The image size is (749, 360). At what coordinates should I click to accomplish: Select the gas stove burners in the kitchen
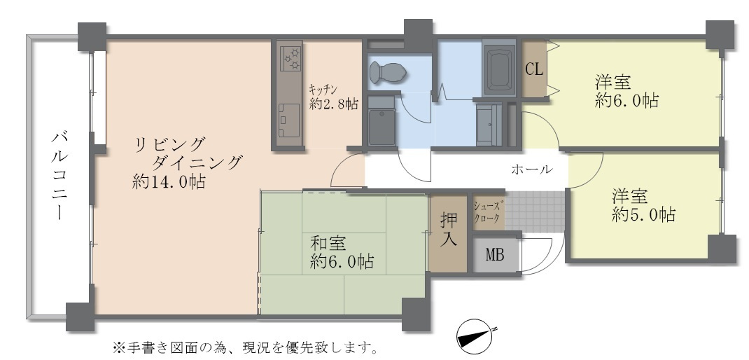[290, 57]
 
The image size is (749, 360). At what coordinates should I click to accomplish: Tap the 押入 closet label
[448, 230]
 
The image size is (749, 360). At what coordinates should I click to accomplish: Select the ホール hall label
[532, 169]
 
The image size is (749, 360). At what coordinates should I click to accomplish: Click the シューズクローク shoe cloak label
[487, 212]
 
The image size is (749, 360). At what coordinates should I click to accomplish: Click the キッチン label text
[323, 89]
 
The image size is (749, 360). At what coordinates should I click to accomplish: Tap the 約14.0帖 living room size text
[169, 183]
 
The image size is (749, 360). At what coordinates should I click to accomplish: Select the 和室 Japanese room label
[328, 244]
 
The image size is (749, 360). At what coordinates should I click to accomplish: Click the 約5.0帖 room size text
[643, 215]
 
